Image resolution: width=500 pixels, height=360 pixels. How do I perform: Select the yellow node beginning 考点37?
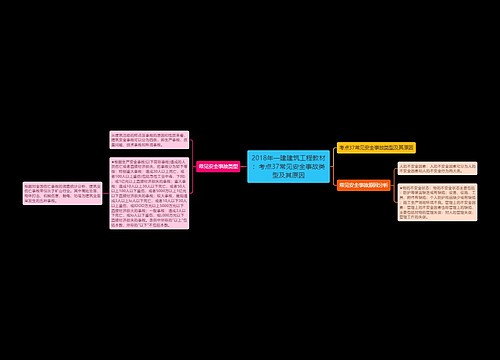point(375,147)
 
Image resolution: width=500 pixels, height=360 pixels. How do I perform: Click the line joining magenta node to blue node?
point(244,165)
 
